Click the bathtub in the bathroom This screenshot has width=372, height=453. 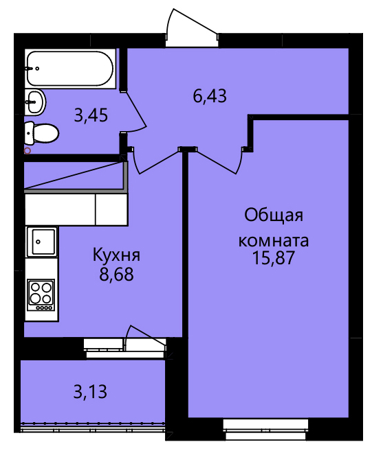pos(70,69)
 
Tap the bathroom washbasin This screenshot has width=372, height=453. pos(35,102)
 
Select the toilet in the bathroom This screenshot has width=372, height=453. pos(42,133)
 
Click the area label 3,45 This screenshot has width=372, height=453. pos(91,115)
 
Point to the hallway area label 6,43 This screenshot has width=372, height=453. pos(210,96)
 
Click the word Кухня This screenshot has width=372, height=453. pos(116,255)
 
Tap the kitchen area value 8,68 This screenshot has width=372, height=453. pos(116,275)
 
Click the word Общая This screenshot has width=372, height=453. pos(274,216)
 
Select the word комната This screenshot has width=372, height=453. pos(274,240)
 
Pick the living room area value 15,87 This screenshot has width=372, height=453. pos(274,257)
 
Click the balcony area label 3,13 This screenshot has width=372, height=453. pos(90,392)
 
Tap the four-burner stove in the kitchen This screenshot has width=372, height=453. pos(41,294)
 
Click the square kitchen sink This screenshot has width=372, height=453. pos(42,242)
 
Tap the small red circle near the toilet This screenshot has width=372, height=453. pos(28,150)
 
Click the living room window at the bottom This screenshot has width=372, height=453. pos(265,429)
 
